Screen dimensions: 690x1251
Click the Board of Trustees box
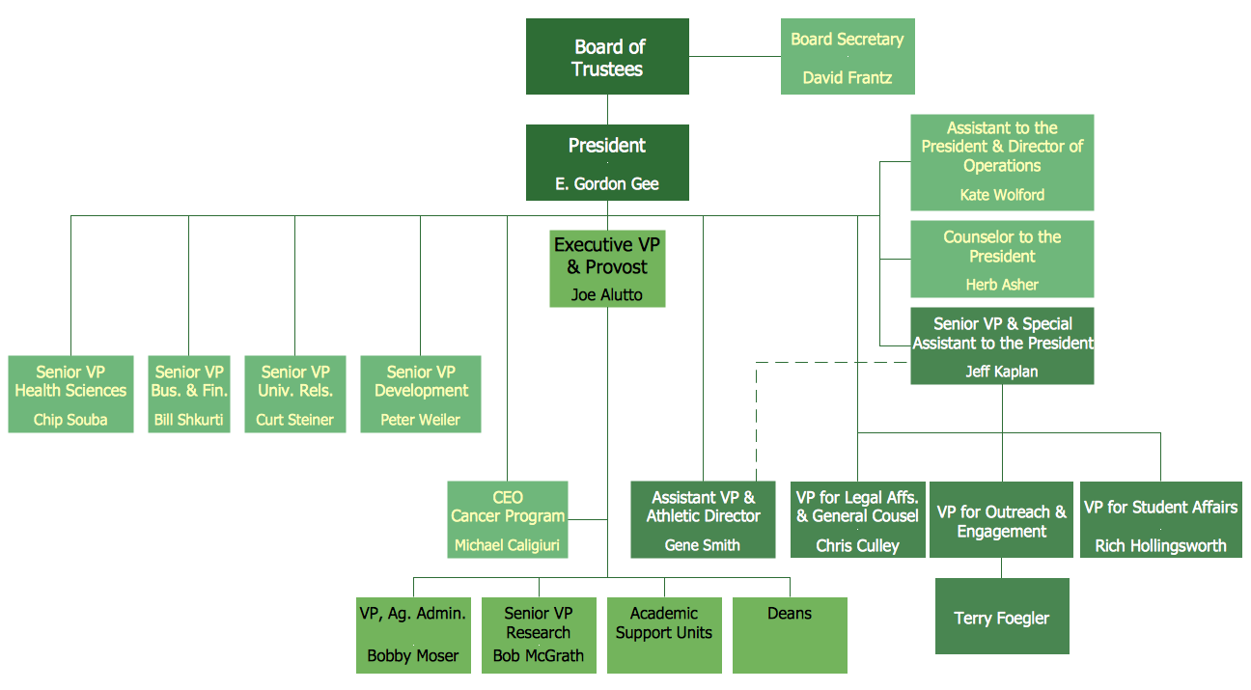pos(607,57)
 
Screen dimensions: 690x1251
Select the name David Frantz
pos(847,78)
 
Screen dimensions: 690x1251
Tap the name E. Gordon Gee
pos(607,183)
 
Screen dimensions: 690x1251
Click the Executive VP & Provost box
pos(607,267)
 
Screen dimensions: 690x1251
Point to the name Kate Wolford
pos(1002,195)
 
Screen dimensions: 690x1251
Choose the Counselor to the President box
pos(1002,258)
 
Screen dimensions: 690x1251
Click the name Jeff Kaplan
pos(1002,371)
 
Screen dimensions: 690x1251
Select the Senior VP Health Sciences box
pos(70,395)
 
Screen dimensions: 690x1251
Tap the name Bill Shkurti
pos(189,420)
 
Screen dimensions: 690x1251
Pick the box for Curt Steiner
pos(295,395)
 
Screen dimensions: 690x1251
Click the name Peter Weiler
pos(420,420)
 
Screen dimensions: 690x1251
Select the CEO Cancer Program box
pos(508,519)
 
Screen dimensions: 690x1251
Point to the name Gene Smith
pos(703,545)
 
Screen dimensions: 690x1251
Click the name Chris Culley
pos(857,545)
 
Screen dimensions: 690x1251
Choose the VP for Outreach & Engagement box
pos(1001,520)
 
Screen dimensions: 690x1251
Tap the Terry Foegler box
pos(1001,617)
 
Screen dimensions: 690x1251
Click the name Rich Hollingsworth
pos(1160,545)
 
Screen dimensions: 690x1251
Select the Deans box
pos(790,635)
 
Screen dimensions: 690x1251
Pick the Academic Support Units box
pos(664,635)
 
